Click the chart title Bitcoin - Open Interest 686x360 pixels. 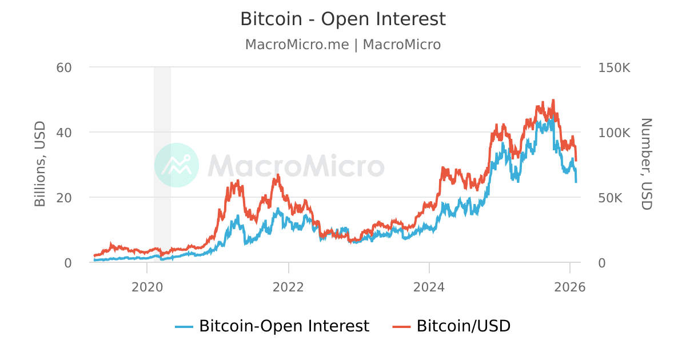tap(342, 19)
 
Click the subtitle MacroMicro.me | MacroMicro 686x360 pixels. tap(342, 45)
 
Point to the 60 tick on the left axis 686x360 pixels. tap(64, 67)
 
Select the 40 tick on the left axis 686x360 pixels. tap(64, 133)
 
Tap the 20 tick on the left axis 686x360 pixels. tap(64, 198)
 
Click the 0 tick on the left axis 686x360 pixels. tap(67, 263)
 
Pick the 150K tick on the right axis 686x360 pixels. tap(615, 67)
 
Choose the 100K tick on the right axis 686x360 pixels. tap(615, 133)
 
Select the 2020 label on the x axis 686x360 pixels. tap(147, 287)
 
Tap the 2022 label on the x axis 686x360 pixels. tap(289, 287)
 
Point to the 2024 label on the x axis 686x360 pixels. tap(429, 287)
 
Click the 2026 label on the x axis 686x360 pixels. tap(570, 287)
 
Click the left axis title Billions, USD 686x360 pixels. tap(40, 164)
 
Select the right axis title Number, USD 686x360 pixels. tap(646, 164)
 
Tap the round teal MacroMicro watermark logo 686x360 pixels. tap(177, 165)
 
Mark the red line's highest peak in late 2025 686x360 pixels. tap(553, 100)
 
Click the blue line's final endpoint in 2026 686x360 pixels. tap(576, 182)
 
